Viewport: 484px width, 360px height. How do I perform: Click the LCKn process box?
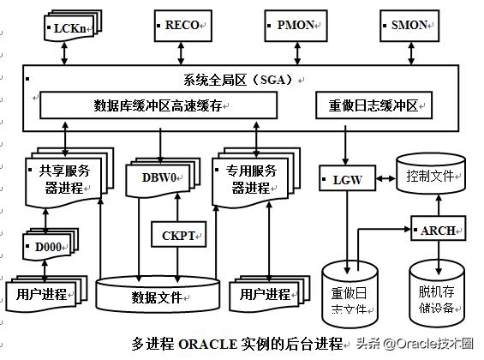[x=68, y=27]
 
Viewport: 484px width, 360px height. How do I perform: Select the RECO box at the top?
[x=182, y=26]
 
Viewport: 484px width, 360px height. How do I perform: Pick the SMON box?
[x=408, y=26]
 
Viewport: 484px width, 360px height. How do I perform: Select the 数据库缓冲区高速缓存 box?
[x=159, y=105]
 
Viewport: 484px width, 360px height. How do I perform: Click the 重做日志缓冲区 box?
[x=373, y=106]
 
